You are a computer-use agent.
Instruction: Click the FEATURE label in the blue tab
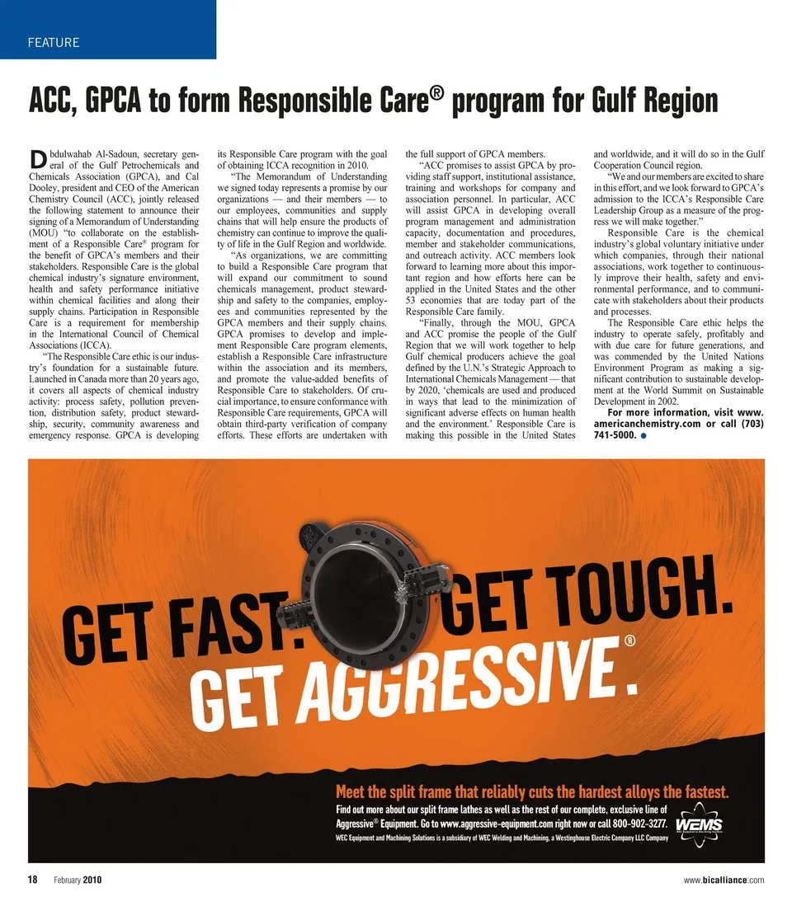pyautogui.click(x=54, y=42)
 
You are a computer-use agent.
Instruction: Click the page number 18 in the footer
pyautogui.click(x=33, y=880)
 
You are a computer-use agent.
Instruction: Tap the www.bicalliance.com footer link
pyautogui.click(x=724, y=880)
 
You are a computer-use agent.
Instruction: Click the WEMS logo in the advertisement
pyautogui.click(x=699, y=825)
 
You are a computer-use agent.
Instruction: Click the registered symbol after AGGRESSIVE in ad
pyautogui.click(x=629, y=641)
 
